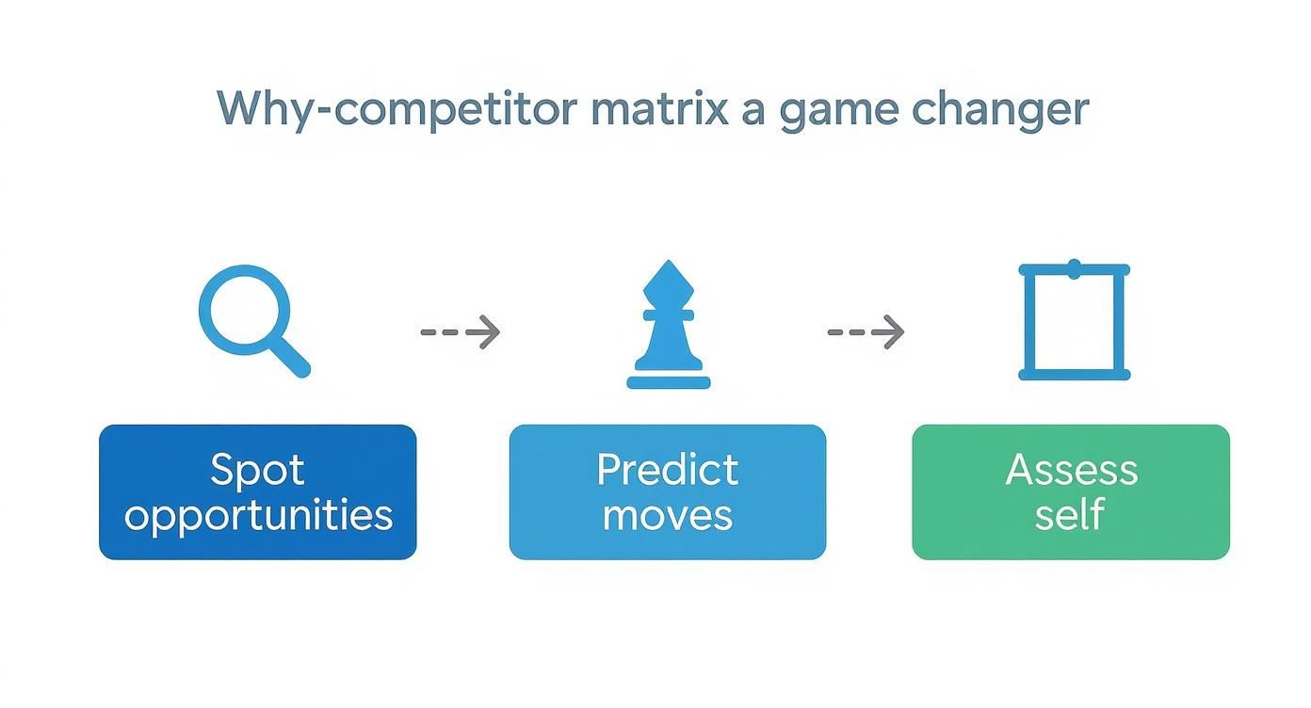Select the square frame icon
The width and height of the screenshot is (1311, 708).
1074,322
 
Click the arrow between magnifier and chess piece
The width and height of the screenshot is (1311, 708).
461,331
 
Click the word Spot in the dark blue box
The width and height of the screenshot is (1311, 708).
257,469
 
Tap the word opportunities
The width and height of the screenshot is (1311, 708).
258,516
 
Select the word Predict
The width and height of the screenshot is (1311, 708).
668,469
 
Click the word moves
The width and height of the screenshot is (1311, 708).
668,516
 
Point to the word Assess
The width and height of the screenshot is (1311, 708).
1072,469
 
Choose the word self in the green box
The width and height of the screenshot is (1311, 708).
1070,516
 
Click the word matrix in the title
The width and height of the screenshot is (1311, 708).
659,109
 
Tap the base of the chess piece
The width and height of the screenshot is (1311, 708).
668,381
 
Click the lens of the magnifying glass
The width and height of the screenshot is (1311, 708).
241,308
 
